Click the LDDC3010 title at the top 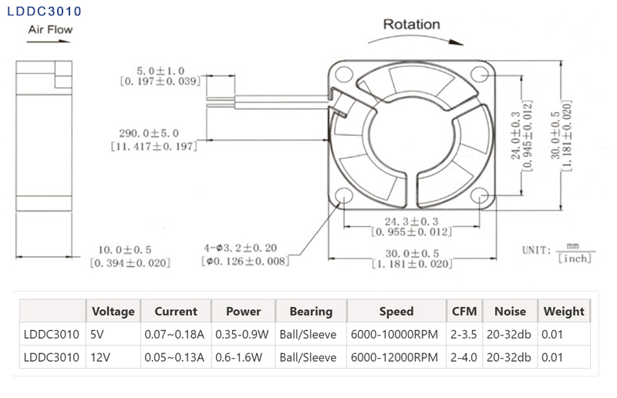pyautogui.click(x=43, y=12)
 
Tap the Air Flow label pyautogui.click(x=51, y=30)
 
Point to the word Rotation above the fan pyautogui.click(x=412, y=24)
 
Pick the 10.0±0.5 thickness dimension pyautogui.click(x=130, y=250)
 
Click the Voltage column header pyautogui.click(x=113, y=312)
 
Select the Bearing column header pyautogui.click(x=311, y=312)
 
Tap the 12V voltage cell pyautogui.click(x=99, y=357)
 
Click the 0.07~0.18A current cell pyautogui.click(x=174, y=335)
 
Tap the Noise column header pyautogui.click(x=510, y=312)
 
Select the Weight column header pyautogui.click(x=564, y=312)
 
